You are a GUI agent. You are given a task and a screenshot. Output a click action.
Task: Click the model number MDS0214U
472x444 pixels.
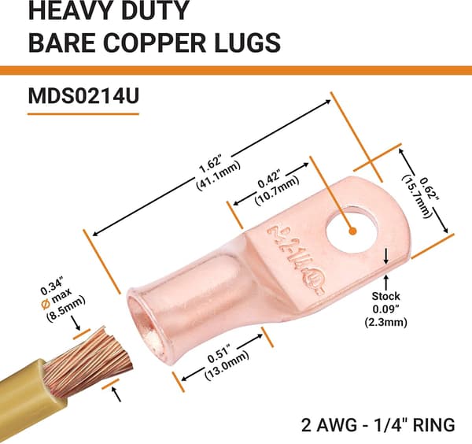[83, 96]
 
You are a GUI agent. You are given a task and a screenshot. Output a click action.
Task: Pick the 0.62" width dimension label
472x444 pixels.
[430, 189]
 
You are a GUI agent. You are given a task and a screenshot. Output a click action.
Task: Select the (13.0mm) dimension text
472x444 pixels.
[227, 366]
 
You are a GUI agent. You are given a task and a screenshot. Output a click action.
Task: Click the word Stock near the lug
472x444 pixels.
[385, 296]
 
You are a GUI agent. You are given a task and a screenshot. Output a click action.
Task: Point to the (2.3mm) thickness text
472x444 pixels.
[386, 322]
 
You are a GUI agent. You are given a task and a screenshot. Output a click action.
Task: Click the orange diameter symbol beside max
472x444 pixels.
[45, 305]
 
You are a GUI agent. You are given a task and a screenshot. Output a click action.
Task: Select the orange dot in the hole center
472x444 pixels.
[352, 231]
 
